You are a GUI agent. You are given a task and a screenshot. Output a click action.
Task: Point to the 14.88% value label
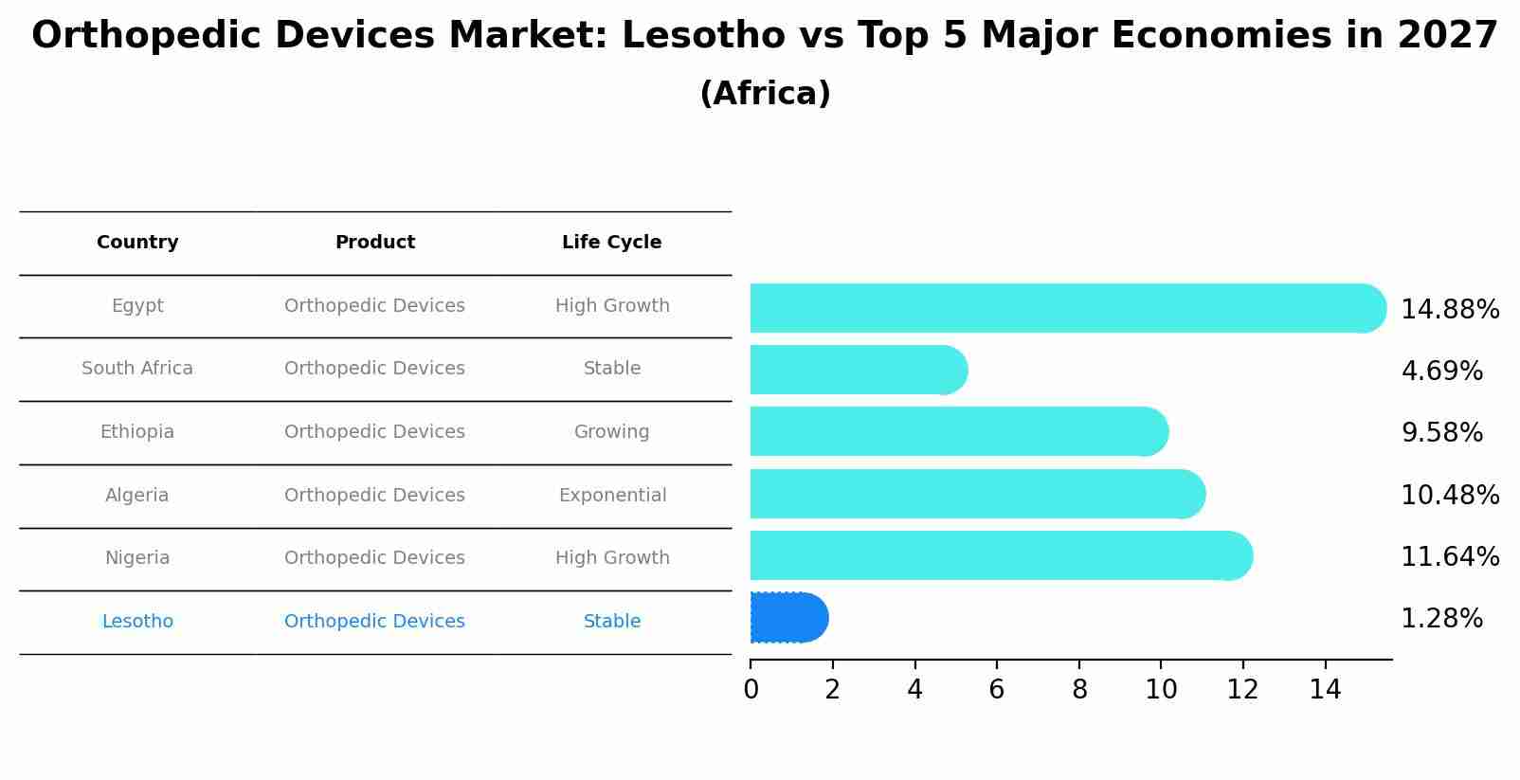click(x=1449, y=310)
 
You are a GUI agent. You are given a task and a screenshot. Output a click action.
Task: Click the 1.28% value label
click(x=1440, y=619)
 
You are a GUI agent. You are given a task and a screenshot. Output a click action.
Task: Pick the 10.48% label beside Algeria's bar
click(x=1449, y=496)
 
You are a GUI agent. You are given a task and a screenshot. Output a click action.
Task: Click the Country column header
click(x=137, y=243)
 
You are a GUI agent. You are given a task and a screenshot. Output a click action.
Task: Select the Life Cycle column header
click(x=611, y=243)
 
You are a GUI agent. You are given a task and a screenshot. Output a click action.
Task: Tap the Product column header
click(x=374, y=243)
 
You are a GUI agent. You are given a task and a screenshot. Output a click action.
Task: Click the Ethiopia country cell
click(x=137, y=432)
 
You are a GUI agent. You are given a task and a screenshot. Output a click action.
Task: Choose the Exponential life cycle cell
click(x=612, y=496)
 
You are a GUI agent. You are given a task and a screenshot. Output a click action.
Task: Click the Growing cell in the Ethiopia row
click(x=611, y=432)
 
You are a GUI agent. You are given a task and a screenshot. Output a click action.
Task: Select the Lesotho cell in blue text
click(x=137, y=622)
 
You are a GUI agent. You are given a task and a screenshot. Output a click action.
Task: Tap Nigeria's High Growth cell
click(x=612, y=558)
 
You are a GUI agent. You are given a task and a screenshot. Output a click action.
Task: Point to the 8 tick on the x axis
click(x=1079, y=690)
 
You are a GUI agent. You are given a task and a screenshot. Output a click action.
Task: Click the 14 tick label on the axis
click(x=1325, y=690)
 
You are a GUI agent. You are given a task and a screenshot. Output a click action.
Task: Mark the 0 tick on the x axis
click(x=751, y=690)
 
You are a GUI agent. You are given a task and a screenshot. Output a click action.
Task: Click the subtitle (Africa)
click(x=765, y=94)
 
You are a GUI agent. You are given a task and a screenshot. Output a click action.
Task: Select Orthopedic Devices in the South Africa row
click(x=374, y=369)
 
